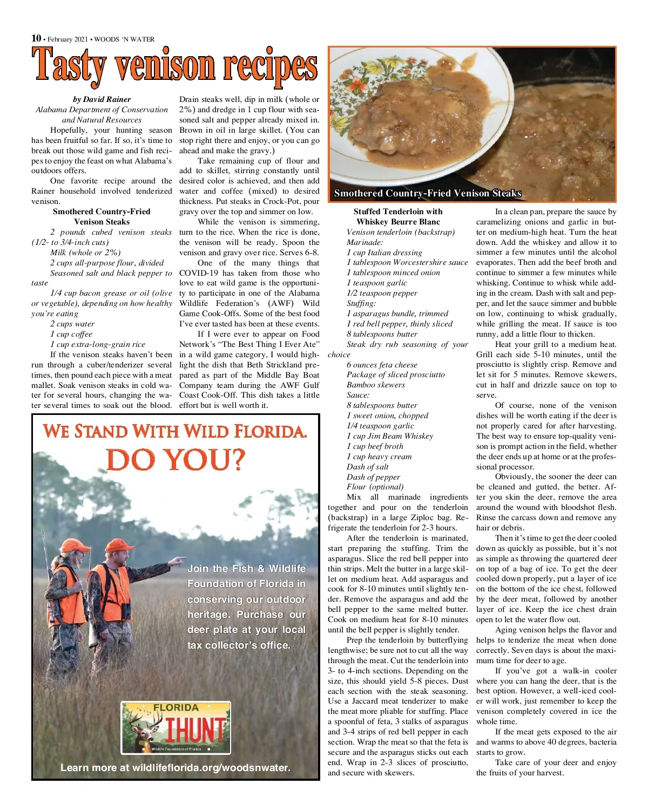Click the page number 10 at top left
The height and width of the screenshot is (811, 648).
[x=36, y=38]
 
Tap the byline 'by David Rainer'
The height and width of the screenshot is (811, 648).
[x=102, y=99]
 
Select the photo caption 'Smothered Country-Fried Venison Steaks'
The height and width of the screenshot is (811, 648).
[x=427, y=193]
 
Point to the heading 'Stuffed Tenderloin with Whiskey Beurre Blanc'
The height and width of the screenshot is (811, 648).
[x=398, y=217]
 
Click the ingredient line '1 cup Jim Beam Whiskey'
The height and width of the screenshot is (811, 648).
[x=389, y=436]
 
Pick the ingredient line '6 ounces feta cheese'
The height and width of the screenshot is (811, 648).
[x=382, y=365]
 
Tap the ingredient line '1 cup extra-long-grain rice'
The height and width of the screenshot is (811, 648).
[x=98, y=344]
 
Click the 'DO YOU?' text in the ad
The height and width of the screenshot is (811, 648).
[x=175, y=460]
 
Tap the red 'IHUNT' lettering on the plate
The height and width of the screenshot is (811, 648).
[x=195, y=730]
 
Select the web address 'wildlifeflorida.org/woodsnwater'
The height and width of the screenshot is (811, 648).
[x=211, y=768]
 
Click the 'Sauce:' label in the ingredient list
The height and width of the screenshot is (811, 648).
[x=358, y=395]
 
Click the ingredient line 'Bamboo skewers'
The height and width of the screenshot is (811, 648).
[x=375, y=385]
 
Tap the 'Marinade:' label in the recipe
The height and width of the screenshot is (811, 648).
[x=364, y=242]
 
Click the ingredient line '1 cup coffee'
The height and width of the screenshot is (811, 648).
[x=71, y=334]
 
